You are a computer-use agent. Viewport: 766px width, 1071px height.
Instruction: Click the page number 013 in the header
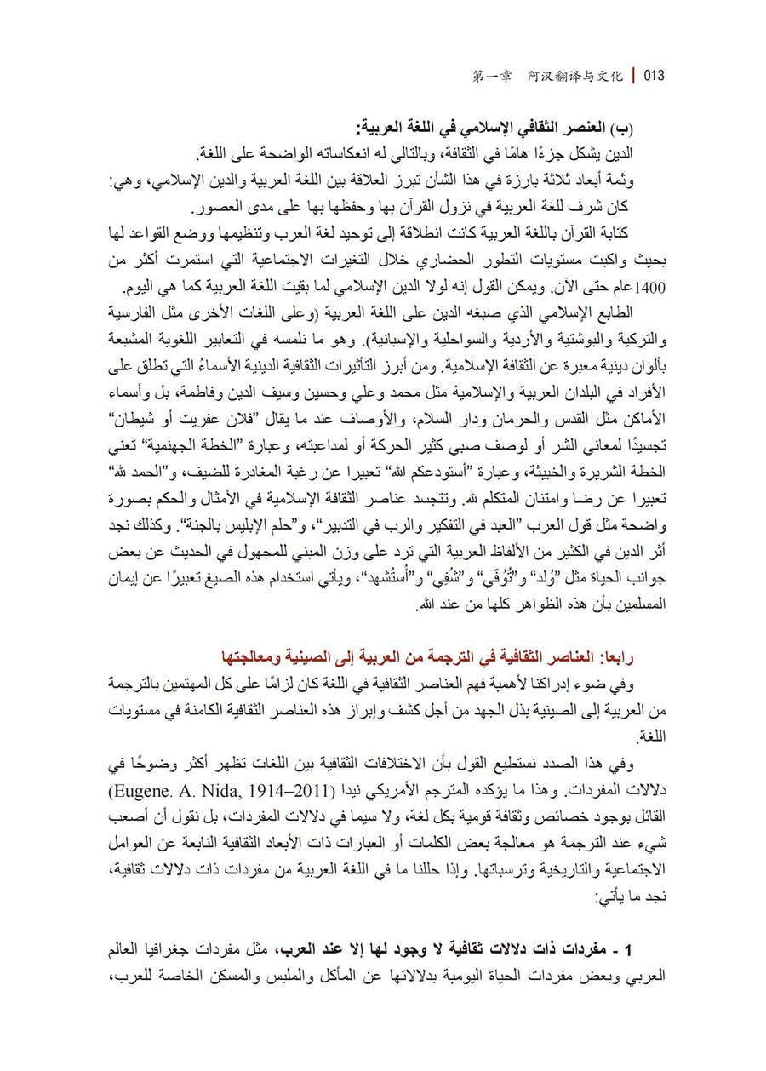pos(654,76)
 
